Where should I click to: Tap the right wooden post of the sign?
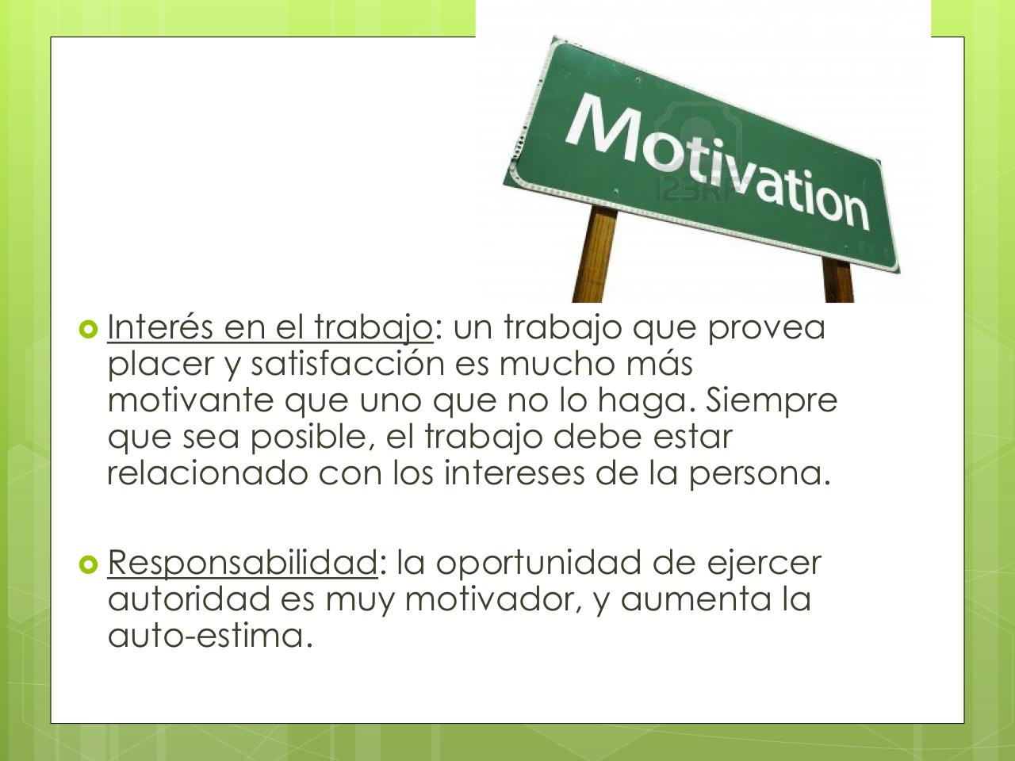[837, 281]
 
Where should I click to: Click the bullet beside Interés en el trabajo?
[87, 327]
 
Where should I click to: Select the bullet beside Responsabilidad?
[87, 564]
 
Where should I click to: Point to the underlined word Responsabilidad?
[242, 563]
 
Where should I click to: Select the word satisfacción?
[348, 364]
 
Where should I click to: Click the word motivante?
[191, 400]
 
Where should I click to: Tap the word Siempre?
[772, 400]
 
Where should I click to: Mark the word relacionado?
[208, 473]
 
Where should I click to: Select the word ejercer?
[764, 563]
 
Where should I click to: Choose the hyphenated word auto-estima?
[205, 636]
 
